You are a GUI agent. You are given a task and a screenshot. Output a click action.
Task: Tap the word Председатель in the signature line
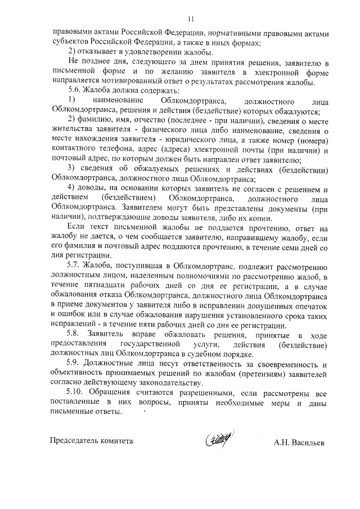pyautogui.click(x=74, y=442)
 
